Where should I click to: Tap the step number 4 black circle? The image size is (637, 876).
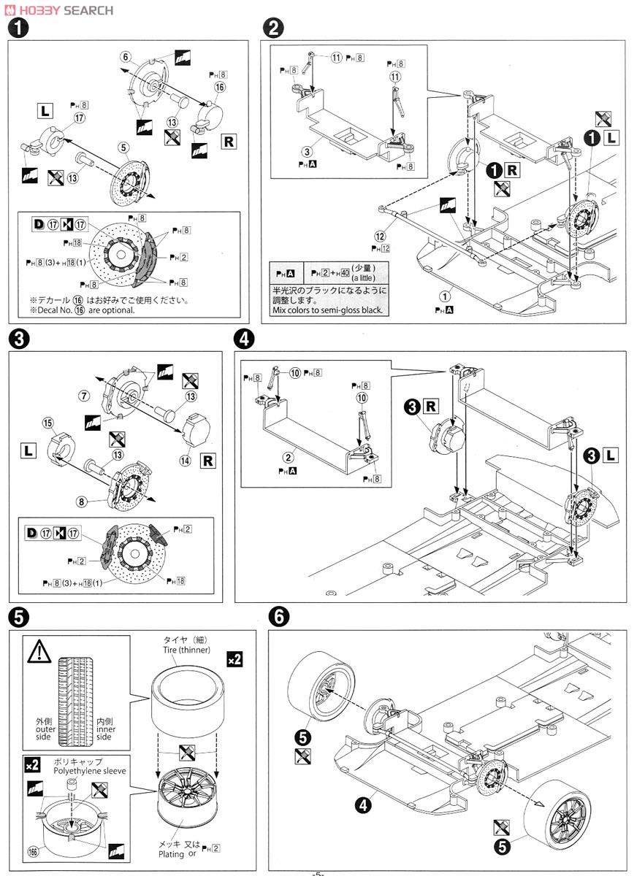(x=246, y=339)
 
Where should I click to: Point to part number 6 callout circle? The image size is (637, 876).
(x=125, y=57)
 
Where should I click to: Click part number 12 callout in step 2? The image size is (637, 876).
(x=378, y=235)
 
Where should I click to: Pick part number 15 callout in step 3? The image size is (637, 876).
(x=48, y=422)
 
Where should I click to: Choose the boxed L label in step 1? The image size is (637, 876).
(x=45, y=112)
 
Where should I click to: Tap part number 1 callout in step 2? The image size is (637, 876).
(x=443, y=296)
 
